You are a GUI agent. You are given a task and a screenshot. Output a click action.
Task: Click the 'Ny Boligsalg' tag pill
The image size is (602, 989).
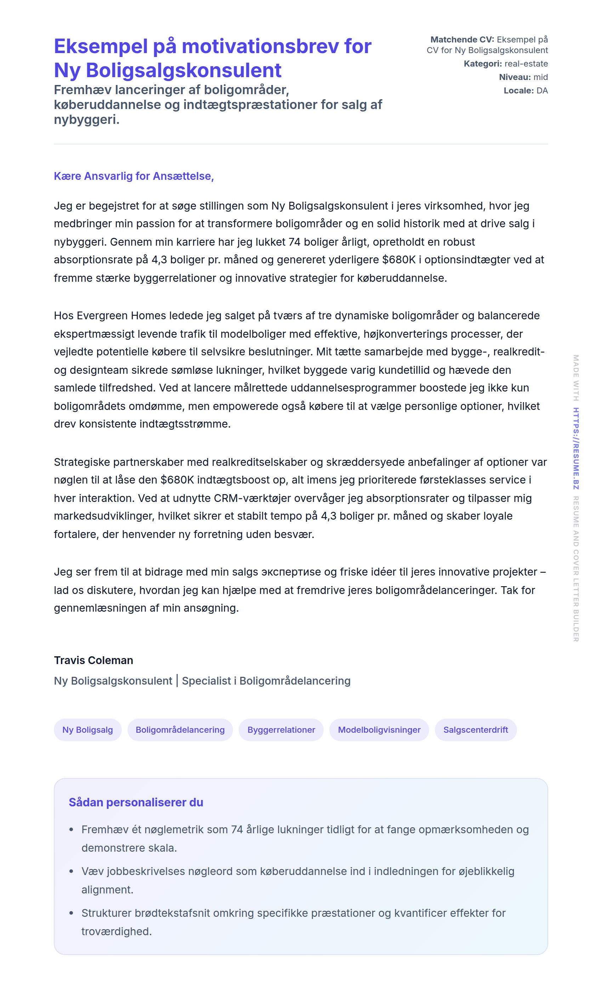click(87, 730)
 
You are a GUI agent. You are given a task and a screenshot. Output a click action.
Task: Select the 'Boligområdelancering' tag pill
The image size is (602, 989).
click(180, 730)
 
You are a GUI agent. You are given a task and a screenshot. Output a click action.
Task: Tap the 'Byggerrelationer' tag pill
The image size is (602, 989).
click(281, 730)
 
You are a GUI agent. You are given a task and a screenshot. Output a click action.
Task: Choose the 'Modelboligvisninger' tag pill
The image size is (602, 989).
click(379, 730)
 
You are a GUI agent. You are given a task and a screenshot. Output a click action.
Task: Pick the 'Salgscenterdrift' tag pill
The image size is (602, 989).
click(476, 730)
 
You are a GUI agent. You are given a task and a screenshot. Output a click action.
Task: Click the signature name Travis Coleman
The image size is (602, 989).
click(93, 660)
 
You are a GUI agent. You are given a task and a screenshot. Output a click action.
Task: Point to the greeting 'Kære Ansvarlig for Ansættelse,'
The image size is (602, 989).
click(134, 176)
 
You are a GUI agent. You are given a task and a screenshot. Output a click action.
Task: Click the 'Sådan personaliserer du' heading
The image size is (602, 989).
click(136, 802)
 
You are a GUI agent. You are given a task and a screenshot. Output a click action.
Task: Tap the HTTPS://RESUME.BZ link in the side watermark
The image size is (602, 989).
click(576, 448)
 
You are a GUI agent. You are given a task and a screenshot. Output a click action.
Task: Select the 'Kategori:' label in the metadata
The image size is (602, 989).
click(483, 64)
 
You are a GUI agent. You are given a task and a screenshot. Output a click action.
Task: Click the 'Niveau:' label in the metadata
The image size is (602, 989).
click(515, 77)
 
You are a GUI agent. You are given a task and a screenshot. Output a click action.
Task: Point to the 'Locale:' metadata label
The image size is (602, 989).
click(518, 91)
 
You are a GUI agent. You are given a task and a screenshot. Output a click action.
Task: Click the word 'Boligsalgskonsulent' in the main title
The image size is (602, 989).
click(183, 70)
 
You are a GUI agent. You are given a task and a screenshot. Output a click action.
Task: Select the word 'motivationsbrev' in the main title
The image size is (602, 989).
click(260, 46)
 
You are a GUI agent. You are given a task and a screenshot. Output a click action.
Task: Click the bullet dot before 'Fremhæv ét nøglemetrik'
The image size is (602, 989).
click(72, 830)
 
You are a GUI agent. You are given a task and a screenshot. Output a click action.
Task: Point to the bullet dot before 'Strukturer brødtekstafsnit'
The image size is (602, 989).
click(72, 913)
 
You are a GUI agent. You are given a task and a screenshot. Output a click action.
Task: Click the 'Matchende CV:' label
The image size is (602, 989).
click(462, 40)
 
